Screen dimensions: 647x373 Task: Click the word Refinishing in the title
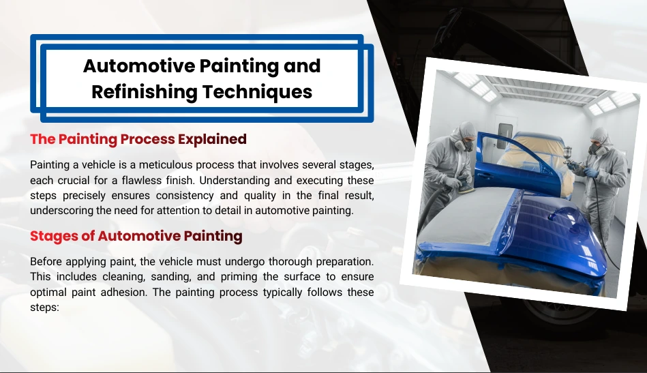[x=144, y=92]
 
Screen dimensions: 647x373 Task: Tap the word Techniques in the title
[x=257, y=92]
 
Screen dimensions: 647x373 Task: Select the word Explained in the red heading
[x=212, y=139]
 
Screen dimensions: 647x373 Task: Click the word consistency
[x=185, y=195]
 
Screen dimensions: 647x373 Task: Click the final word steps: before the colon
[x=44, y=308]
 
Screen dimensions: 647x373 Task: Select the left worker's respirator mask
[x=467, y=145]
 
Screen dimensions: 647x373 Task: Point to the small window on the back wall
[x=505, y=135]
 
